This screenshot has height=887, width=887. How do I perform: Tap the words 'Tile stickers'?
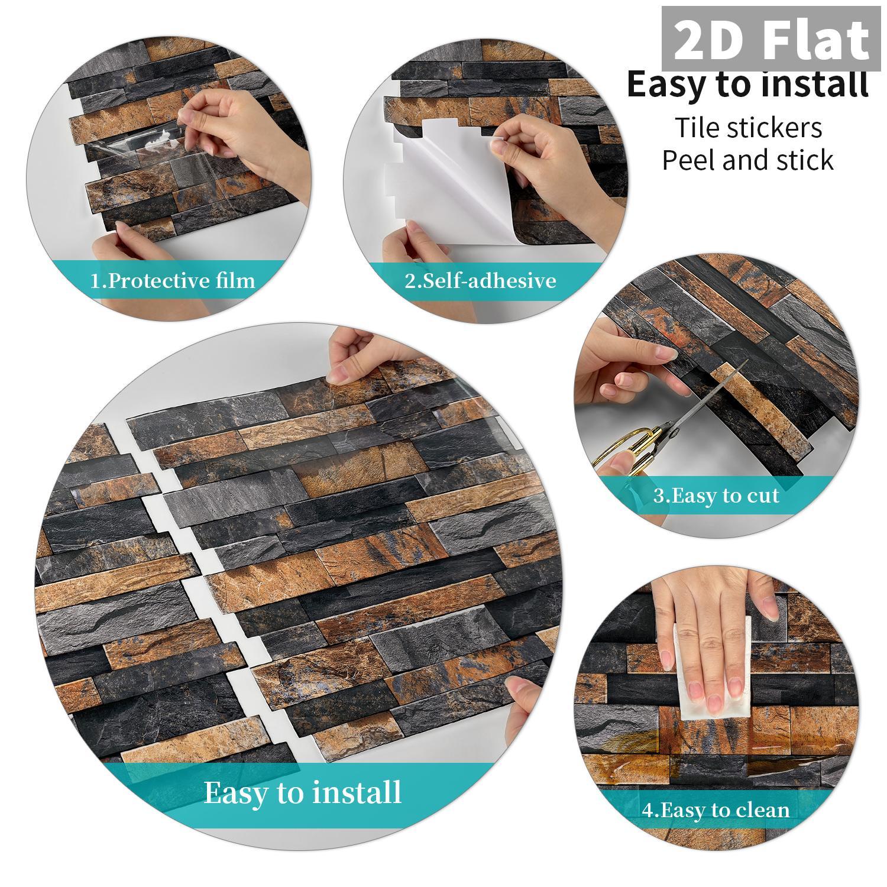click(x=748, y=128)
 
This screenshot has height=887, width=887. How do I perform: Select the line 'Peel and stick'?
click(x=747, y=160)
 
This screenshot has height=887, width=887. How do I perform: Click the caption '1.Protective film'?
click(x=173, y=280)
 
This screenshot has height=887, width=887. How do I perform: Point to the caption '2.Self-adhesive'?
click(x=480, y=280)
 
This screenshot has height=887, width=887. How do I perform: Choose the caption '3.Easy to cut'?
click(x=716, y=495)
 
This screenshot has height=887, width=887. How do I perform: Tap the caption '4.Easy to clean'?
click(x=716, y=810)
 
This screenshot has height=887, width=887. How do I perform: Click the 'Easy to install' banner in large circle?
click(x=302, y=792)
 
